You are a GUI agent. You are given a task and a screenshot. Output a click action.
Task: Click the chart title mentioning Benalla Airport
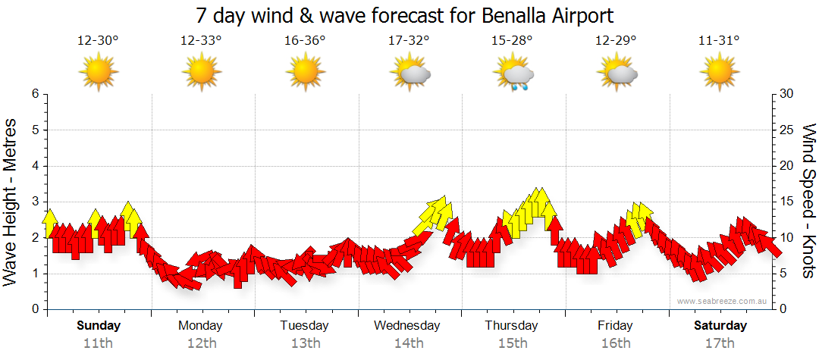404,15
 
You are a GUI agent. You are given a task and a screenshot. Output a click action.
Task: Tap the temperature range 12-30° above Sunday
98,41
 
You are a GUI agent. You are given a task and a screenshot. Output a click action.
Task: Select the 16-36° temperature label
305,41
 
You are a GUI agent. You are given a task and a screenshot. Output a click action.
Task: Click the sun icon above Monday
202,74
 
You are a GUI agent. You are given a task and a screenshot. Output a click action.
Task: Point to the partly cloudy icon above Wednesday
410,74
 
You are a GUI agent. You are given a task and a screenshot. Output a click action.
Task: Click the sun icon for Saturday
720,74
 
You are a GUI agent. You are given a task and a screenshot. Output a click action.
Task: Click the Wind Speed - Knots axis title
808,202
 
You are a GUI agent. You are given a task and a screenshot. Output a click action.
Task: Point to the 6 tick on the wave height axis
35,94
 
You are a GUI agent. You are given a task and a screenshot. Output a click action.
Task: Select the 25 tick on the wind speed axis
788,130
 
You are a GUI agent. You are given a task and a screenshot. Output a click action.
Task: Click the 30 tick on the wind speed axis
788,94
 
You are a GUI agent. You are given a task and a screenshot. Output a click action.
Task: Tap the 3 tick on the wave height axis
35,202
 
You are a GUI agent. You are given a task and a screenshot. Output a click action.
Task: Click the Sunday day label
99,326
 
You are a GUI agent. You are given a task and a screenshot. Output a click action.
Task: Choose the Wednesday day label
407,326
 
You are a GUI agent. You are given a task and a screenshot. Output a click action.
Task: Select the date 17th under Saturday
720,343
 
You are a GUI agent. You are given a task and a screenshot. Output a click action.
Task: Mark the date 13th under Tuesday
305,343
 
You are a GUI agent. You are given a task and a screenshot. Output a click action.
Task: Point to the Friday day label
615,326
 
